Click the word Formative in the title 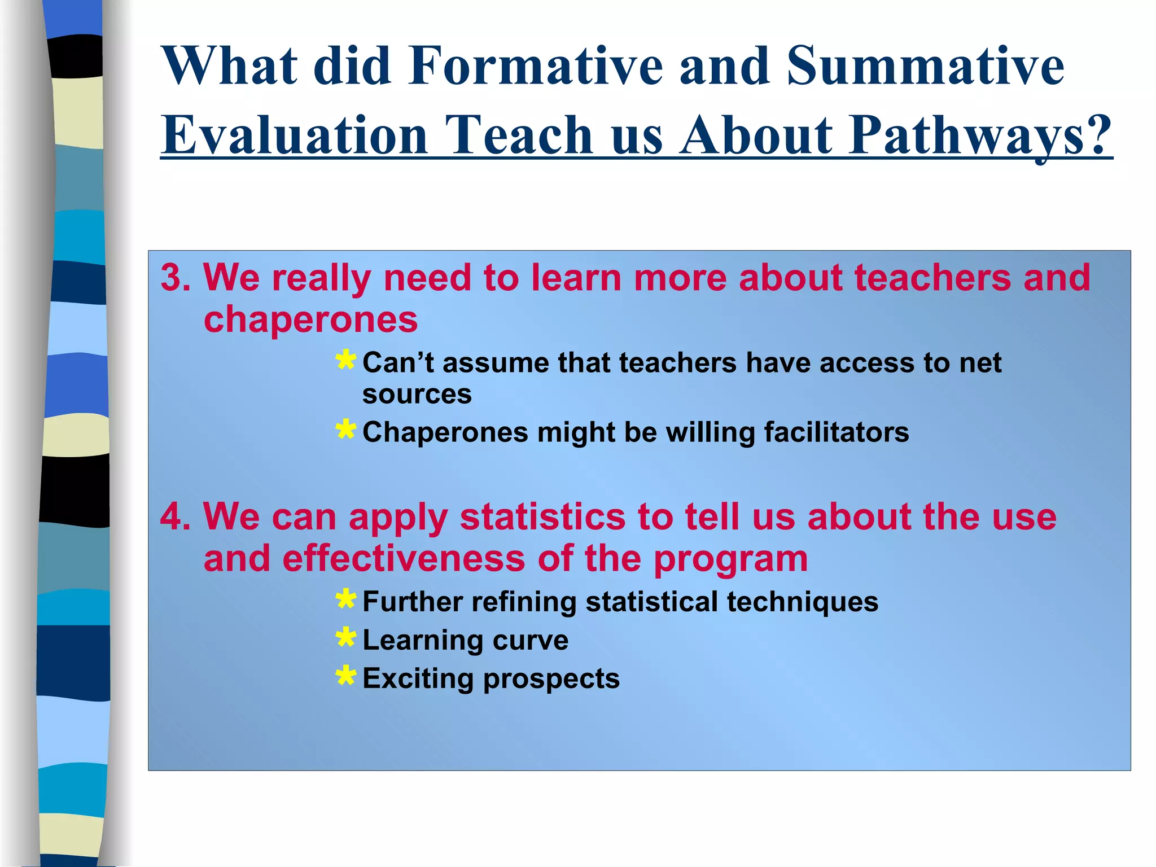534,67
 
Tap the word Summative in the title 925,67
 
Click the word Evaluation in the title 294,136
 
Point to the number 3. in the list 176,278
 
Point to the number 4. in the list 176,516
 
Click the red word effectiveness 404,559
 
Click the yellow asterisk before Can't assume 345,360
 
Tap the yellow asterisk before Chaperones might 345,430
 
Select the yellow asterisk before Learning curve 345,638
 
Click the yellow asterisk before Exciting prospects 345,676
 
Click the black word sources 417,395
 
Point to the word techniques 802,602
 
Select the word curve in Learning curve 530,641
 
